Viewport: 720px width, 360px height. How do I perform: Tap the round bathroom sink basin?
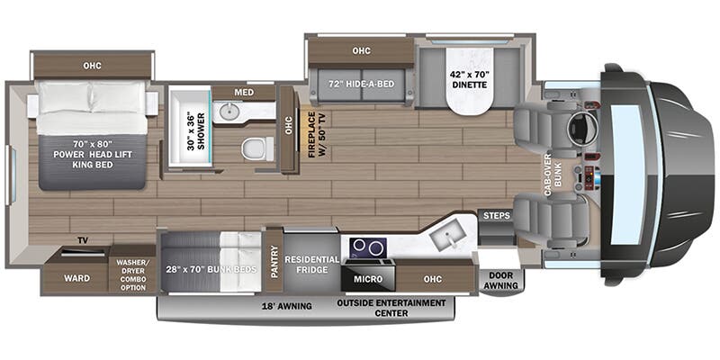(226, 111)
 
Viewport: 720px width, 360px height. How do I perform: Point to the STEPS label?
(497, 215)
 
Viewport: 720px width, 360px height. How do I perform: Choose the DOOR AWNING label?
(502, 281)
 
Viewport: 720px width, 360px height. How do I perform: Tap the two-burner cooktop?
(368, 248)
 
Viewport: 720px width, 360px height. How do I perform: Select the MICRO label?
(368, 279)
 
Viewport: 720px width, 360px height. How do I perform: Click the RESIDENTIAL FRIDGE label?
(311, 264)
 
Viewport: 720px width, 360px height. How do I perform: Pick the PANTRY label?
(274, 262)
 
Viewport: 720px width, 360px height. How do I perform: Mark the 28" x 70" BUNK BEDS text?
(211, 269)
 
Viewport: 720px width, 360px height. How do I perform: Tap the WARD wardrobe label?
(76, 278)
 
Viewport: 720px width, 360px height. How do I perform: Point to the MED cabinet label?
(244, 93)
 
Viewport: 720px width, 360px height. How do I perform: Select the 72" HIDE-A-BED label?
(362, 84)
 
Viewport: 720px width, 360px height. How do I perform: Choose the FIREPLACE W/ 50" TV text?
(318, 135)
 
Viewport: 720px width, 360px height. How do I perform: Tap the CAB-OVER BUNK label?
(553, 175)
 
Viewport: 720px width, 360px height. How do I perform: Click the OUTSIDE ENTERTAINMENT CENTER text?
(391, 308)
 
